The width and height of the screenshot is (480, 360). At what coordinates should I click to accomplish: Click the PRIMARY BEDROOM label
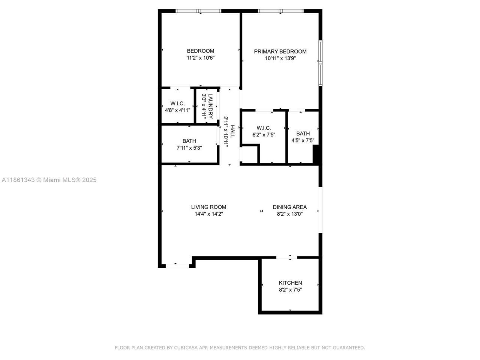pyautogui.click(x=280, y=51)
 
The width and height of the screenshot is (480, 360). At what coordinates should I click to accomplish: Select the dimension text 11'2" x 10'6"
pyautogui.click(x=201, y=58)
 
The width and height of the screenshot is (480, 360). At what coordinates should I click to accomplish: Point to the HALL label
pyautogui.click(x=232, y=132)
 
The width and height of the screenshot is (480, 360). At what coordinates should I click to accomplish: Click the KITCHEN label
pyautogui.click(x=290, y=283)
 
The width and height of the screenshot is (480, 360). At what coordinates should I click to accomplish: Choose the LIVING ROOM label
pyautogui.click(x=208, y=207)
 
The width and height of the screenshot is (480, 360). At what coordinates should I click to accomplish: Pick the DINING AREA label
pyautogui.click(x=289, y=207)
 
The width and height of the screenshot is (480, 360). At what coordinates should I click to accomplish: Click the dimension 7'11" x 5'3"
pyautogui.click(x=189, y=148)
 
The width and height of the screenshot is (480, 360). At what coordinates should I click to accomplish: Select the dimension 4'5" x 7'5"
pyautogui.click(x=303, y=141)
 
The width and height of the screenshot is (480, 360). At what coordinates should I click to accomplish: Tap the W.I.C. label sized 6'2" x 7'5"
pyautogui.click(x=264, y=128)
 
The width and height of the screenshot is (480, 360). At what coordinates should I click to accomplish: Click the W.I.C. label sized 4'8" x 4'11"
pyautogui.click(x=177, y=103)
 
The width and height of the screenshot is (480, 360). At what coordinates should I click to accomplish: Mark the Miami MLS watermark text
pyautogui.click(x=49, y=180)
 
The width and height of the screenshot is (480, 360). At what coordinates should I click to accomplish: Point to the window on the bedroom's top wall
pyautogui.click(x=199, y=11)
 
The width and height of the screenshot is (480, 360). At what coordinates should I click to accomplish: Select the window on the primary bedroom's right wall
pyautogui.click(x=320, y=63)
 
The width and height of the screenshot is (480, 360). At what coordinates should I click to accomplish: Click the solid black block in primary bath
pyautogui.click(x=316, y=154)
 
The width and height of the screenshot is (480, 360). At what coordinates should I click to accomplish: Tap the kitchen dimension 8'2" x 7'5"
pyautogui.click(x=290, y=289)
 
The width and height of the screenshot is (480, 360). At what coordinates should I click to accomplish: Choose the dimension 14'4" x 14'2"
pyautogui.click(x=208, y=214)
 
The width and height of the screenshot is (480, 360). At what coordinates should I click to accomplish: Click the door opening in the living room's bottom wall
pyautogui.click(x=177, y=266)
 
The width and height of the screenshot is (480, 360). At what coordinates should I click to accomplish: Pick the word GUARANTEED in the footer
pyautogui.click(x=349, y=348)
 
